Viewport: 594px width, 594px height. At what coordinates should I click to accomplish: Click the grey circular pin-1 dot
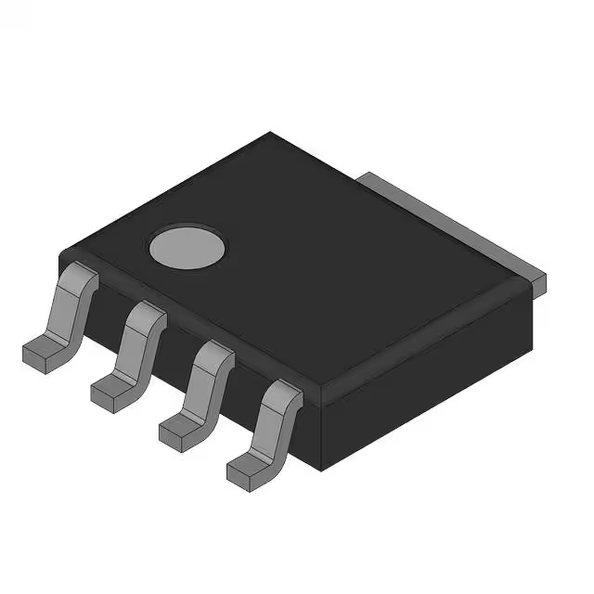coord(187,247)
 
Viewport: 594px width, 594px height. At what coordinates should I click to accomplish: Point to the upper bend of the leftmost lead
coord(81,280)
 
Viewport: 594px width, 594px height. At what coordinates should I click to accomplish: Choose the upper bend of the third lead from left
coord(213,356)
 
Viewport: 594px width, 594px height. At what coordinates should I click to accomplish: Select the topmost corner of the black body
coord(270,134)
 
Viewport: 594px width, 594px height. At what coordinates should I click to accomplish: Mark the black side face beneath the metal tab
coord(436,371)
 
